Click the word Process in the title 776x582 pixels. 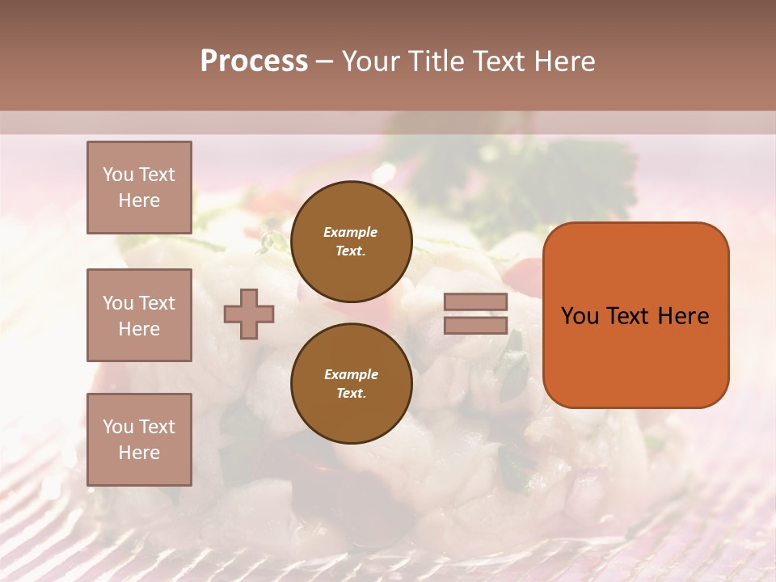(254, 61)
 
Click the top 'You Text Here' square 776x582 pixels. (139, 188)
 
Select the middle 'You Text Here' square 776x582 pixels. (139, 315)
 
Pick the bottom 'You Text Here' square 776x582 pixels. (139, 440)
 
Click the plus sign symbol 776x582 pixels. (249, 314)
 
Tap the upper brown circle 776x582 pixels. (351, 242)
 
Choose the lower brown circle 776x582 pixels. (351, 383)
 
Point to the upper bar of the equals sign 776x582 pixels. (476, 302)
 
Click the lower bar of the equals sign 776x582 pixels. (476, 326)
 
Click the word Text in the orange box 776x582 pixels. (629, 316)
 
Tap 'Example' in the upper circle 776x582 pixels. (351, 232)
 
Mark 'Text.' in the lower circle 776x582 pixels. (351, 393)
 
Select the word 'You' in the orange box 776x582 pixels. (580, 316)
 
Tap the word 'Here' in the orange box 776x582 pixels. (683, 316)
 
